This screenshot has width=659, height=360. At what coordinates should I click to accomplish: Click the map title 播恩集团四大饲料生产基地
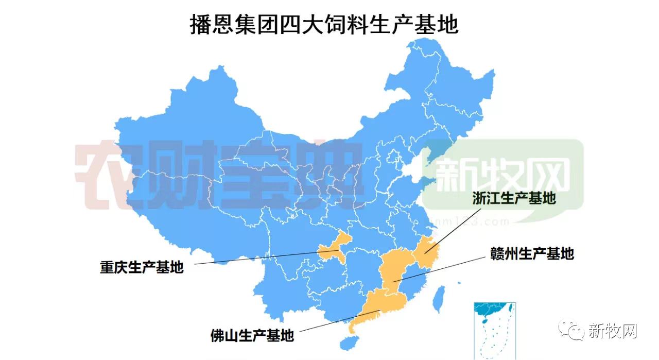coord(324,24)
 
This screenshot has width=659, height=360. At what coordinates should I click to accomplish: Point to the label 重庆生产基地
coord(142,267)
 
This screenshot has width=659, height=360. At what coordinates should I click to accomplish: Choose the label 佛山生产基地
coord(252,335)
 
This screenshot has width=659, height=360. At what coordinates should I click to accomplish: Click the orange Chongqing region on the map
coord(334,247)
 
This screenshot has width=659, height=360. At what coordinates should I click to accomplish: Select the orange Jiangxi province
coord(394,268)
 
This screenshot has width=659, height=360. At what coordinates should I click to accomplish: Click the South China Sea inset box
coord(494,330)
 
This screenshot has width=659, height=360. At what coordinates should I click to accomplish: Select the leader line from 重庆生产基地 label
coord(257,258)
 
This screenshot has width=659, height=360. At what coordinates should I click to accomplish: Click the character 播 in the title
coord(200,24)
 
